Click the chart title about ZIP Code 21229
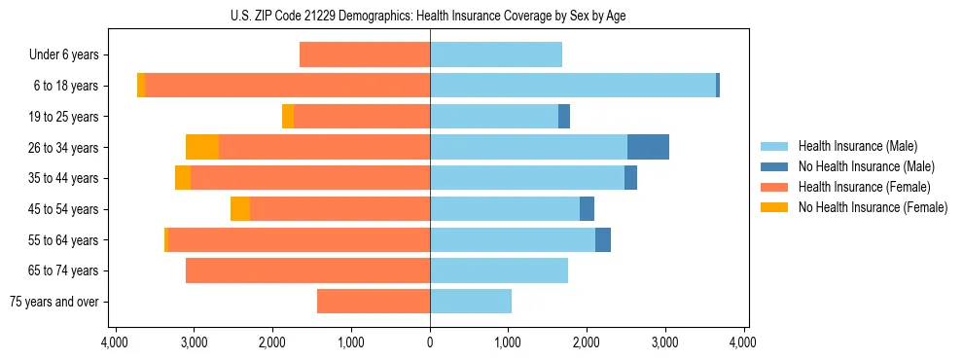click(x=429, y=15)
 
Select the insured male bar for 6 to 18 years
click(x=573, y=86)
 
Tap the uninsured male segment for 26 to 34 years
click(x=648, y=147)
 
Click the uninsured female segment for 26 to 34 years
click(x=202, y=147)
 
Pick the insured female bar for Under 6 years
click(x=365, y=54)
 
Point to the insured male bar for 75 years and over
click(x=471, y=302)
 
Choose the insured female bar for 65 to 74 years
click(x=307, y=270)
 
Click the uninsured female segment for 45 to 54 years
click(x=240, y=209)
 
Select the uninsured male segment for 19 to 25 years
click(x=564, y=117)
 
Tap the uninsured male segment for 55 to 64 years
click(x=603, y=239)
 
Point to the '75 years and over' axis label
click(x=54, y=302)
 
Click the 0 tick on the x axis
click(x=430, y=342)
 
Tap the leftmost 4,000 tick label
click(x=115, y=342)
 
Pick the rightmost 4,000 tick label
click(x=744, y=342)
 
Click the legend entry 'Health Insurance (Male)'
click(x=857, y=146)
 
